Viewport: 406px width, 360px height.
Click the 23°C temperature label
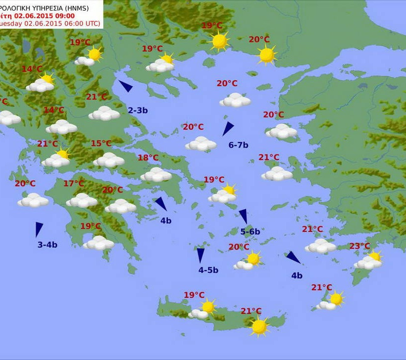(359, 246)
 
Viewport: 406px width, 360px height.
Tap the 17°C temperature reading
(74, 184)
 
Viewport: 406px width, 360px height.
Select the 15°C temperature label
(101, 144)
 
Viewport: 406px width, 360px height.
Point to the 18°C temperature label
(148, 158)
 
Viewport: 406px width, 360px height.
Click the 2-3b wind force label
(138, 110)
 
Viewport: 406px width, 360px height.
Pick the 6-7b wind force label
(238, 145)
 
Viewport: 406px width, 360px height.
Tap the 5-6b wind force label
(250, 231)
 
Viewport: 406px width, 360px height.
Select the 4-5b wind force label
(208, 270)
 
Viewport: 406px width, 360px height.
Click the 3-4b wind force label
(48, 245)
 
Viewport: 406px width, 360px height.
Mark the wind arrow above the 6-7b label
(228, 128)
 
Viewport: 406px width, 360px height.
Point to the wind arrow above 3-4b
(39, 229)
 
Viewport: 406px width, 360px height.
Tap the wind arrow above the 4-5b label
(201, 255)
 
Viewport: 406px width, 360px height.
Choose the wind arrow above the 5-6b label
(243, 216)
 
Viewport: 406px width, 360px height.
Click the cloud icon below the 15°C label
(108, 160)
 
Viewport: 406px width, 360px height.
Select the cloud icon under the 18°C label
(156, 174)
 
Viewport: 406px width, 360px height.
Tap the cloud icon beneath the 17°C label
(82, 200)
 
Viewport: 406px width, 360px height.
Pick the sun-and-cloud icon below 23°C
(369, 261)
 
